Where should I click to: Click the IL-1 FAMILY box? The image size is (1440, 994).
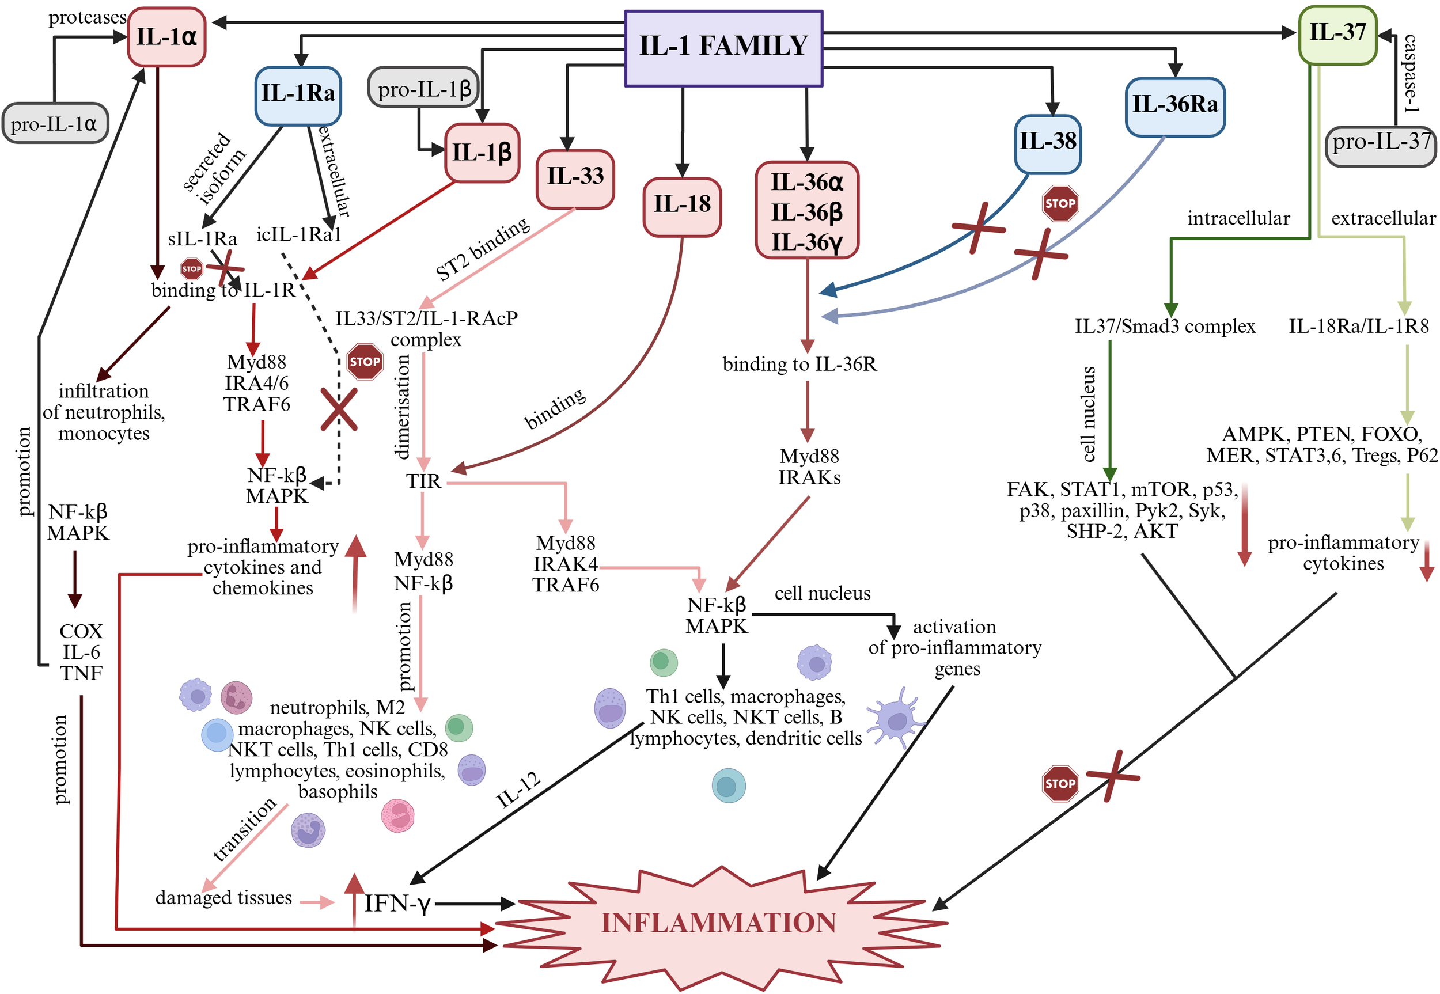click(723, 47)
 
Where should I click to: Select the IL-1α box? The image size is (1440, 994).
click(166, 37)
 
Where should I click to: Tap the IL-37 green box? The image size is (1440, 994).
click(1337, 33)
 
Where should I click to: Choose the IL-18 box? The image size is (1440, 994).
click(682, 206)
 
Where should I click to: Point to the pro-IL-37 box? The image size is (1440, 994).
click(1380, 145)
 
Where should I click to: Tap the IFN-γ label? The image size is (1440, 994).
click(397, 903)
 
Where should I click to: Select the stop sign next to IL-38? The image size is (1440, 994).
click(1060, 203)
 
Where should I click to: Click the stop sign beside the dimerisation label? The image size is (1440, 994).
click(365, 362)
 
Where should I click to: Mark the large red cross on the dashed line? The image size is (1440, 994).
click(339, 409)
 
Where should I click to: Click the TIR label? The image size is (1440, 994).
click(423, 481)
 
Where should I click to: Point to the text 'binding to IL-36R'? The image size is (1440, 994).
click(799, 365)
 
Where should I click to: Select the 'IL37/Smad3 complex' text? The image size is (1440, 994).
click(1164, 327)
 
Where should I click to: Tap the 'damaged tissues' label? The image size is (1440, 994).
click(223, 897)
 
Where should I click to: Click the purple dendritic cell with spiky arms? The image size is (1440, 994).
click(896, 719)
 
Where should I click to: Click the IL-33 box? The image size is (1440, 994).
click(575, 177)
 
